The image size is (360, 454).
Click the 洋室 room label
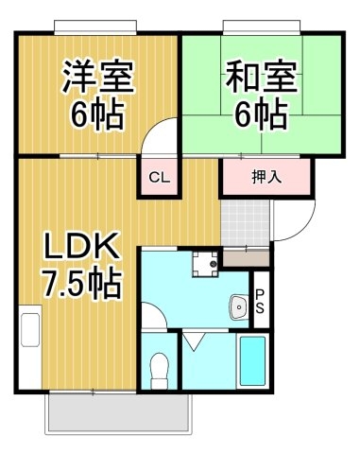[x=97, y=76]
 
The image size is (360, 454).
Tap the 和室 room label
[x=262, y=76]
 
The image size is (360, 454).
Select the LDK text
[x=82, y=246]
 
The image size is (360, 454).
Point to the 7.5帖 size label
[x=82, y=284]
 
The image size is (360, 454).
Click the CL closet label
[x=160, y=178]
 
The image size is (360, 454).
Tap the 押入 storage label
[x=266, y=177]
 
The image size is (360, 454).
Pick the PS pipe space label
[x=260, y=302]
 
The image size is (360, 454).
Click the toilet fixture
[x=159, y=370]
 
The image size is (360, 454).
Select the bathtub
[x=252, y=361]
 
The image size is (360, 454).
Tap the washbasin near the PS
[x=239, y=306]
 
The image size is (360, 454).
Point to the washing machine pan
[x=205, y=264]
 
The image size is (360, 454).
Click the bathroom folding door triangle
[x=193, y=340]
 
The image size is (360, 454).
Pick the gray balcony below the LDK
[x=119, y=412]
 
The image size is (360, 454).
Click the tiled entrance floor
[x=245, y=223]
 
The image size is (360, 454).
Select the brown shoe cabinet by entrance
[x=246, y=258]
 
